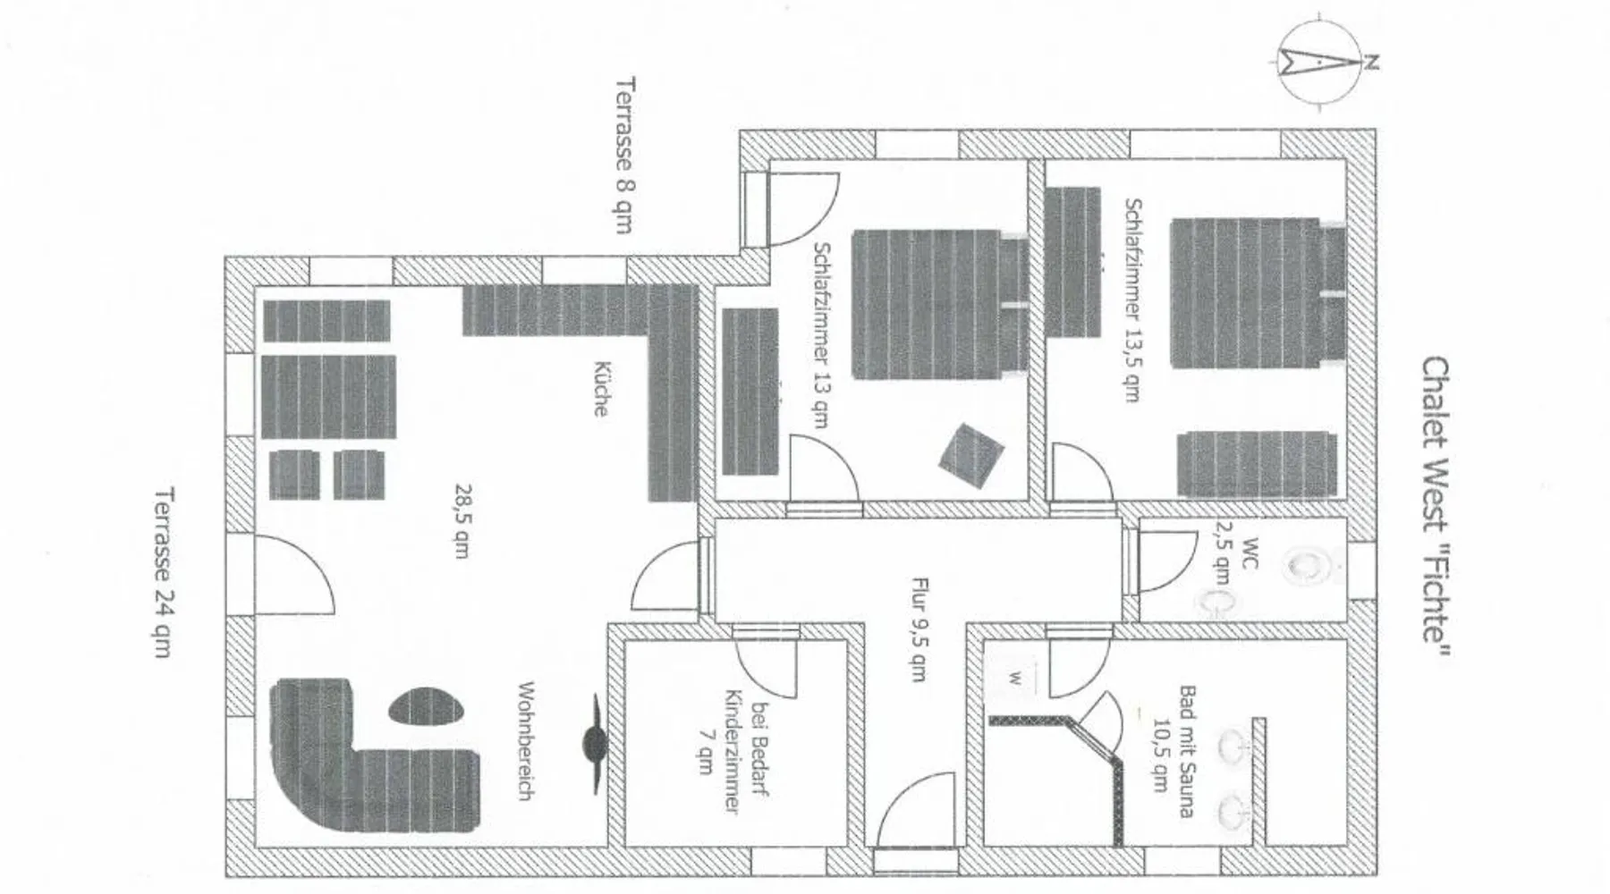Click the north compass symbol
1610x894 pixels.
(1320, 63)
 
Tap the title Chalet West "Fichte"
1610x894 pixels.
(1435, 510)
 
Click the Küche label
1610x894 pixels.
(602, 388)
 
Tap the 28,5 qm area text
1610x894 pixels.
(462, 520)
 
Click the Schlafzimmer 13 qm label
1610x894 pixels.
(821, 335)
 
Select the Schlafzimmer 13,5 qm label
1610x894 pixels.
(1132, 299)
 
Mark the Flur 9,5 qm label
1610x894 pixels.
(918, 628)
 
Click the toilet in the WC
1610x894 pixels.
(1309, 566)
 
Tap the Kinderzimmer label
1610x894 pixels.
(732, 751)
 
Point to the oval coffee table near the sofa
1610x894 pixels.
(427, 706)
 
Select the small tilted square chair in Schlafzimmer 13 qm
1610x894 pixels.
(970, 455)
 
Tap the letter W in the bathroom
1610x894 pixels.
(1015, 678)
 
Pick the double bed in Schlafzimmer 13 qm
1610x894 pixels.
(938, 304)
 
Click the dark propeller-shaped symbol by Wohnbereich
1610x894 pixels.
(594, 742)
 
